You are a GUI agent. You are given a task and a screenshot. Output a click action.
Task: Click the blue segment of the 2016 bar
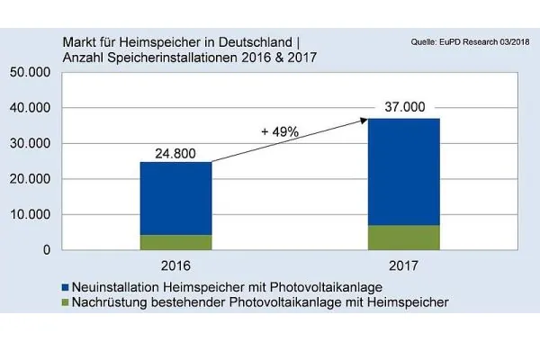[175, 198]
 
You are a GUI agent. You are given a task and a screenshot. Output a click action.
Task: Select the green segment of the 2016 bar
[175, 242]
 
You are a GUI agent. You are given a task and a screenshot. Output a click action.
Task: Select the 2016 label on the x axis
[175, 266]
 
